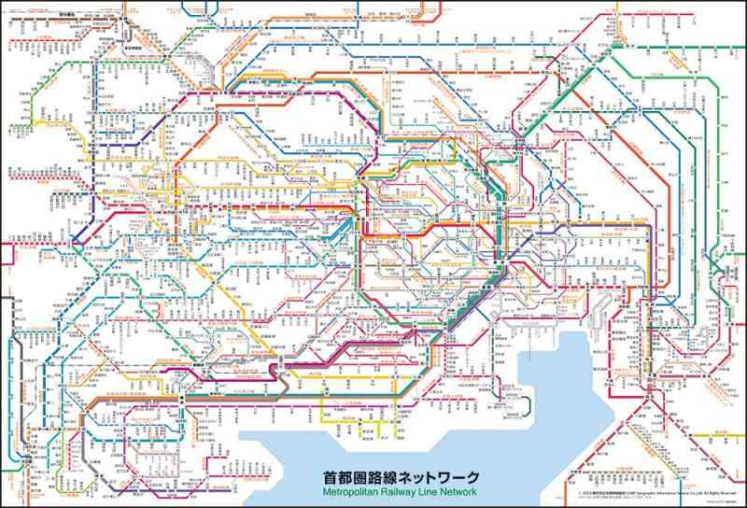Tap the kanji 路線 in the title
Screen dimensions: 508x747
(x=382, y=476)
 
